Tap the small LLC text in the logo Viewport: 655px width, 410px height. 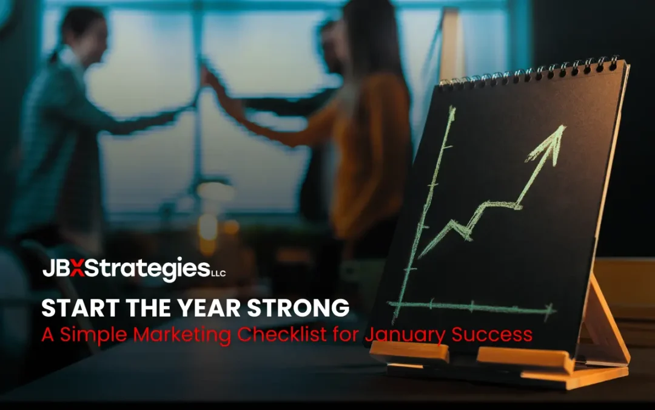218,274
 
